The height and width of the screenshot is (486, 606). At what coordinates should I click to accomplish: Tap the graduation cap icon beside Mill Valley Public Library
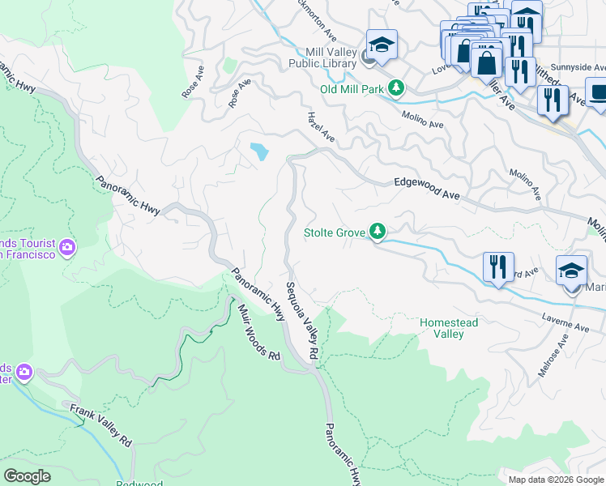[x=382, y=44]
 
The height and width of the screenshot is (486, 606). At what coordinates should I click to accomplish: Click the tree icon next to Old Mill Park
[x=395, y=87]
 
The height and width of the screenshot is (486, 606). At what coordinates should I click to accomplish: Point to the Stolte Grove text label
[x=334, y=233]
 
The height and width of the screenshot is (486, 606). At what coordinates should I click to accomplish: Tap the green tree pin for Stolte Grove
[x=378, y=232]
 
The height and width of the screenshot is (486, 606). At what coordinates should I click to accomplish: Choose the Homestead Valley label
[x=449, y=328]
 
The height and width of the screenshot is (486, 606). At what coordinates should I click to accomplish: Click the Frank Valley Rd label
[x=100, y=426]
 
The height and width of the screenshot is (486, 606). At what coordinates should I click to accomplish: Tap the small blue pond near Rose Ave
[x=259, y=151]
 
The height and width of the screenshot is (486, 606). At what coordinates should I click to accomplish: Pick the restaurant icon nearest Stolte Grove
[x=497, y=266]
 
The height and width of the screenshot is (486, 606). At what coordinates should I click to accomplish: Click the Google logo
[x=27, y=476]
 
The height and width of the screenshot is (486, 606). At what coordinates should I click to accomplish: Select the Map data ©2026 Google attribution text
[x=555, y=480]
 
